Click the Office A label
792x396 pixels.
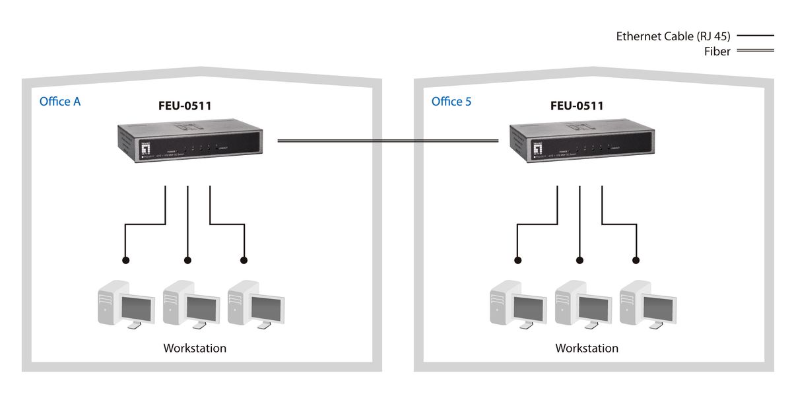[x=60, y=102]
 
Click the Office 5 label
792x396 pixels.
[x=451, y=102]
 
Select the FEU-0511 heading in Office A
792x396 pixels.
[x=185, y=106]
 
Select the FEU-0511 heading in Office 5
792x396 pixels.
[x=577, y=106]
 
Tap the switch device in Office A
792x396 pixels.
[x=191, y=143]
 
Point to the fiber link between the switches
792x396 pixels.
[x=387, y=140]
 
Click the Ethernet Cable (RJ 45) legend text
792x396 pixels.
[x=673, y=36]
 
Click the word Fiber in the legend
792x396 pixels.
[x=717, y=51]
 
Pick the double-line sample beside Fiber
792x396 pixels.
[x=755, y=51]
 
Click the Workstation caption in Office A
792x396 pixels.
[x=195, y=348]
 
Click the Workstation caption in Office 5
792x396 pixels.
[x=587, y=348]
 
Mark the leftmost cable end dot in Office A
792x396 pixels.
[x=125, y=259]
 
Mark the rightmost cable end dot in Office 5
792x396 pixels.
[x=637, y=259]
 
